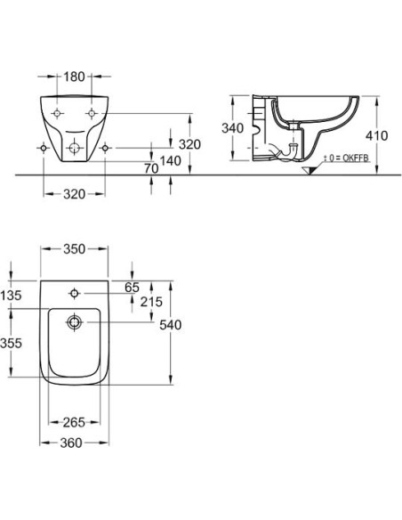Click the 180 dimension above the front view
(x=74, y=77)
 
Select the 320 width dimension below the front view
(x=74, y=194)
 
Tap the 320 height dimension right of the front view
(x=189, y=144)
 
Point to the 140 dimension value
(x=170, y=161)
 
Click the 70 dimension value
(x=151, y=168)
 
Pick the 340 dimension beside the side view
(x=232, y=128)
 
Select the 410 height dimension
(x=376, y=135)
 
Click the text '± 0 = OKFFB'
(x=346, y=158)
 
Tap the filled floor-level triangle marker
(x=309, y=170)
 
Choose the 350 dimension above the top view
(x=74, y=249)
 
